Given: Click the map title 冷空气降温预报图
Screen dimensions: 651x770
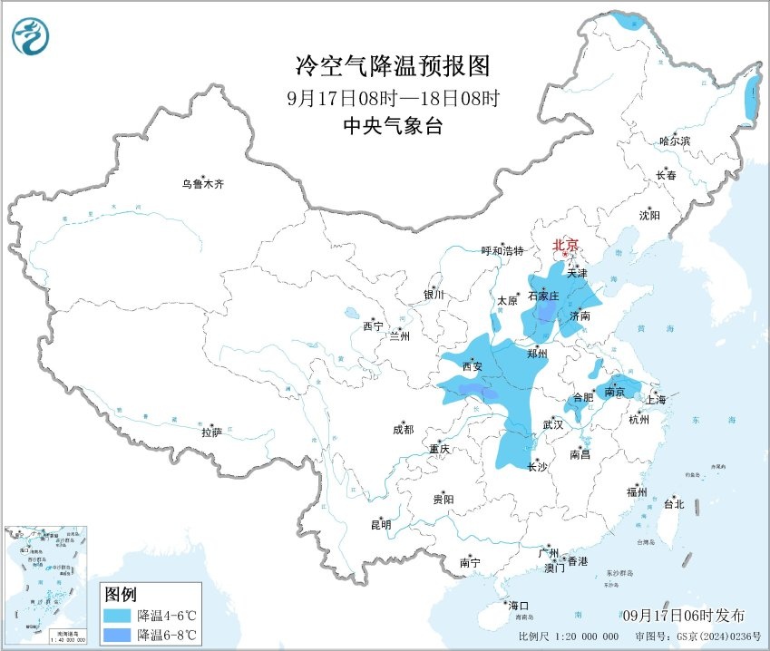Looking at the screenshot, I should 393,65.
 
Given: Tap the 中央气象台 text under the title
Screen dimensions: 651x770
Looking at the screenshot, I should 393,127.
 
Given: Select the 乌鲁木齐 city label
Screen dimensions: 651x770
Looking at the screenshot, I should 201,184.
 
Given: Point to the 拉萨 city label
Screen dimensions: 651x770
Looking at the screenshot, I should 211,433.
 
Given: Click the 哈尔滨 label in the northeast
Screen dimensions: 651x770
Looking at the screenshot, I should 675,141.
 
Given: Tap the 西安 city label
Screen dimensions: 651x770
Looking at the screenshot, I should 472,367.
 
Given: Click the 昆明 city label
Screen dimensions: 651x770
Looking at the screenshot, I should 381,524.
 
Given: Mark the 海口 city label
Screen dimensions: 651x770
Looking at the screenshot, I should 518,606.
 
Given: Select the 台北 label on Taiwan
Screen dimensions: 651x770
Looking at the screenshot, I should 674,504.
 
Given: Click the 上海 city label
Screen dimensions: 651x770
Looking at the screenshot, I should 655,400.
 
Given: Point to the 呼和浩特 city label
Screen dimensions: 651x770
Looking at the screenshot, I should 502,251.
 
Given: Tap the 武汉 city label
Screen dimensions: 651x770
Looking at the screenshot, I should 553,424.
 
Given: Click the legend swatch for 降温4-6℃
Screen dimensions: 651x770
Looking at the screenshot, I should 116,615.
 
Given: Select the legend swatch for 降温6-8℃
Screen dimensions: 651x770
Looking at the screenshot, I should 116,634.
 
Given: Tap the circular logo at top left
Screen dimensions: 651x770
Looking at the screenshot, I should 31,36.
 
